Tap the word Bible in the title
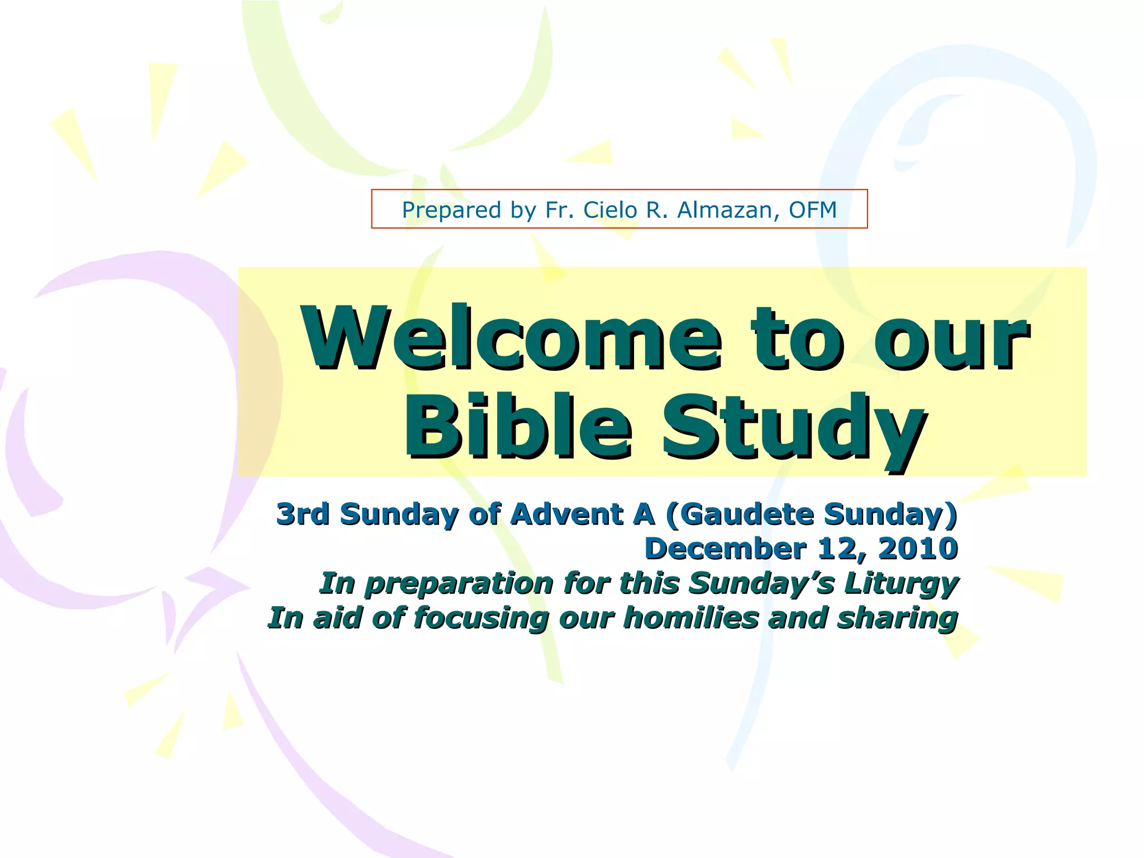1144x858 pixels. point(517,426)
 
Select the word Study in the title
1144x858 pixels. point(793,427)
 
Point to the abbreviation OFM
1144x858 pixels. point(812,210)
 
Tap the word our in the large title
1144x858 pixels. point(951,339)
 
